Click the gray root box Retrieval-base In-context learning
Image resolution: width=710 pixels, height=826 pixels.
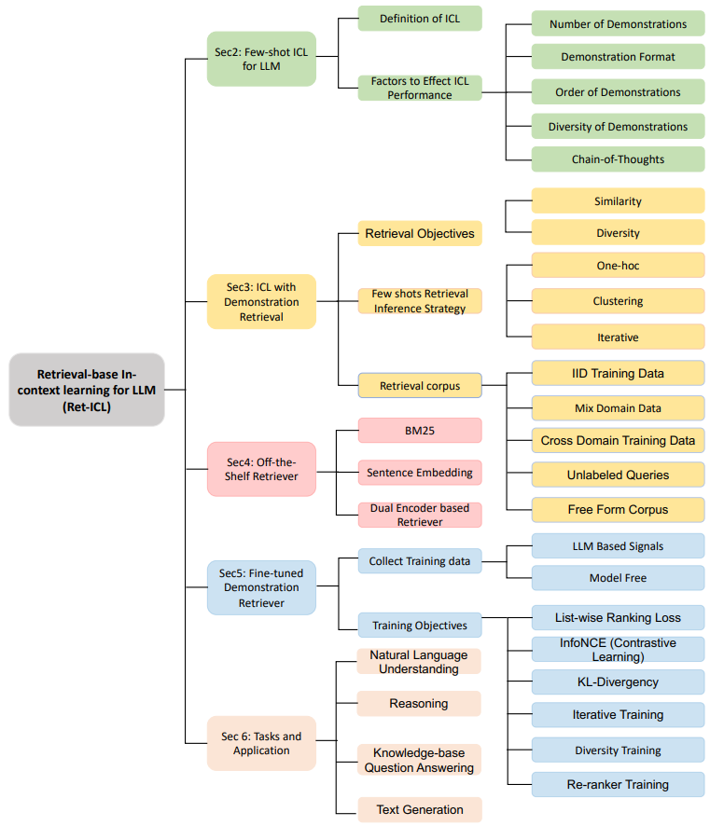click(87, 390)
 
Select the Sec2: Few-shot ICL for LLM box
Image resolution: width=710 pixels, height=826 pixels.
click(261, 59)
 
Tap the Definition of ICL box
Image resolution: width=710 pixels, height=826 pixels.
click(420, 19)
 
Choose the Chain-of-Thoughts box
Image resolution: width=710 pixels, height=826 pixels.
click(618, 159)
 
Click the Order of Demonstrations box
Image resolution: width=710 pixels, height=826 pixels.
click(618, 92)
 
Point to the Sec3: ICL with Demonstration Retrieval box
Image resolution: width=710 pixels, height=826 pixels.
click(261, 302)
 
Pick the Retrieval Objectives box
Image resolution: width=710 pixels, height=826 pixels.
click(420, 233)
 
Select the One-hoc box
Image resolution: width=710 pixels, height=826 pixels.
click(618, 266)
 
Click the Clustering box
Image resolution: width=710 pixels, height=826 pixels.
click(618, 302)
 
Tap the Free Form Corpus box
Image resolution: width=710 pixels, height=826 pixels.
click(618, 510)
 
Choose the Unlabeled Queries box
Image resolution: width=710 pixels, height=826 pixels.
click(618, 475)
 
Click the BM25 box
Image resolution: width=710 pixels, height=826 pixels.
click(420, 430)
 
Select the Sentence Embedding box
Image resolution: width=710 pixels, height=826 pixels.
click(420, 473)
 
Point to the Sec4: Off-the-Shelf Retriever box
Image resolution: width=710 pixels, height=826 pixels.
click(261, 469)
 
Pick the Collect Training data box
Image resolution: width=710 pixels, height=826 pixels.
click(420, 561)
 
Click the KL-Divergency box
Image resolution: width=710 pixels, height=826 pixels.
click(618, 681)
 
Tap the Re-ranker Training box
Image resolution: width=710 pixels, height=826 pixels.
click(618, 784)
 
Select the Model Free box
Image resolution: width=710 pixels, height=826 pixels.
click(618, 578)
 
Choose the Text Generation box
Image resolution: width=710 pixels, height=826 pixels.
click(420, 809)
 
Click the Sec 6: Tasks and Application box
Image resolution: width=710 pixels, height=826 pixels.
click(261, 743)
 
